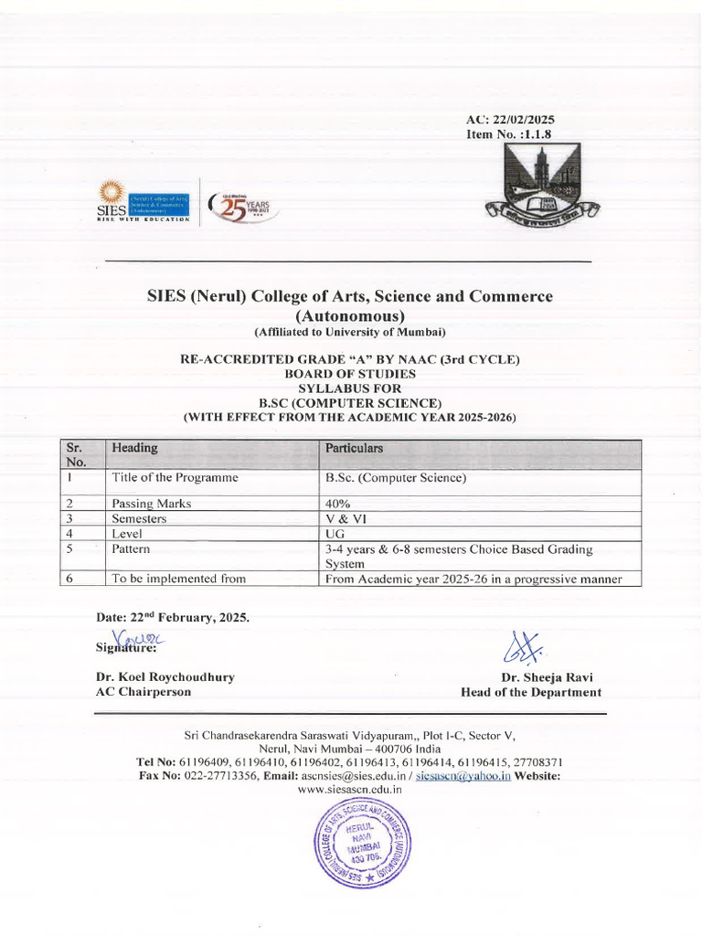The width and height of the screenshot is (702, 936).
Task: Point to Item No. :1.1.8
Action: click(509, 134)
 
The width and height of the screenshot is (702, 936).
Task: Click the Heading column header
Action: click(134, 448)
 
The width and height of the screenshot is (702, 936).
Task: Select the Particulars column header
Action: click(355, 448)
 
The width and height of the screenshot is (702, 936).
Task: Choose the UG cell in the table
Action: click(335, 533)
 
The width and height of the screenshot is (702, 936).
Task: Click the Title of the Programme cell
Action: click(175, 477)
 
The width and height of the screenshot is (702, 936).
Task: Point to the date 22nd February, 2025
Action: click(173, 617)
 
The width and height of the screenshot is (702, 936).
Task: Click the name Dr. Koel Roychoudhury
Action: click(165, 677)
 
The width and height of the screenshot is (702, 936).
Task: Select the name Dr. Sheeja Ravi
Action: click(547, 677)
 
